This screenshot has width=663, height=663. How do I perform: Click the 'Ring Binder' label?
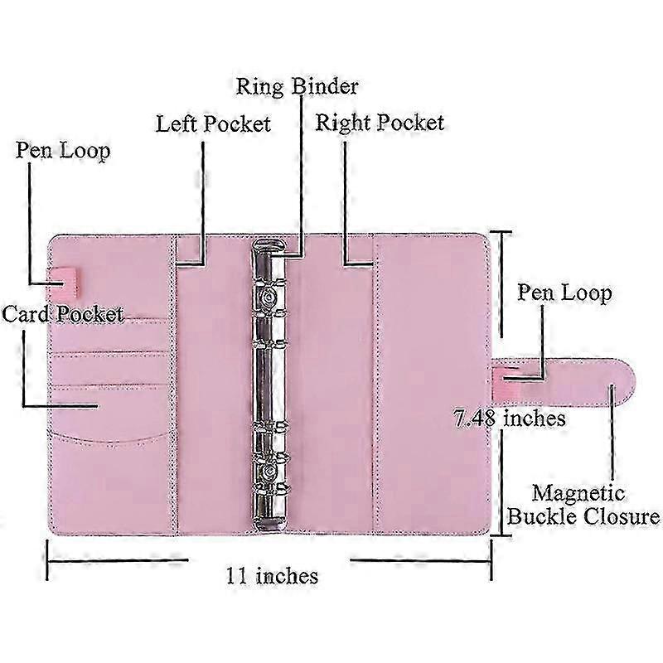(x=297, y=87)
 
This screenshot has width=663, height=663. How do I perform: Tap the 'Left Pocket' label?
(x=214, y=123)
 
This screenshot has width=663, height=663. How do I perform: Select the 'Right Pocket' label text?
(x=380, y=123)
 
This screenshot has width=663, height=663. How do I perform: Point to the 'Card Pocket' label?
(x=63, y=314)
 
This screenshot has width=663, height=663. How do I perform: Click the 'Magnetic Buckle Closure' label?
(x=583, y=505)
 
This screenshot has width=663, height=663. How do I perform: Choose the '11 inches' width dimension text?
(x=272, y=576)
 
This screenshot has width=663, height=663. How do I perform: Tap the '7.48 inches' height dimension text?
(x=510, y=419)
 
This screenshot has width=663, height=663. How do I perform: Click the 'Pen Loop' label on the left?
(x=63, y=151)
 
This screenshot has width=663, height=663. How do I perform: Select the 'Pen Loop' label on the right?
(x=564, y=293)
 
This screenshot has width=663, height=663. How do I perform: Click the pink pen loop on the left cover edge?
(x=65, y=281)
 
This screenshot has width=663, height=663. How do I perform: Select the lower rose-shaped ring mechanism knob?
(x=268, y=470)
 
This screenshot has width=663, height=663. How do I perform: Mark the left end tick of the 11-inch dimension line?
(x=47, y=560)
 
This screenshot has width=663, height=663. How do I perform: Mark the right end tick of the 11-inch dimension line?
(x=491, y=560)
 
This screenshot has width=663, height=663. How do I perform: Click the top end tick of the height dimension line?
(x=501, y=232)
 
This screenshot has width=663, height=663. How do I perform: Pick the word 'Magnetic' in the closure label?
(x=578, y=494)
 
